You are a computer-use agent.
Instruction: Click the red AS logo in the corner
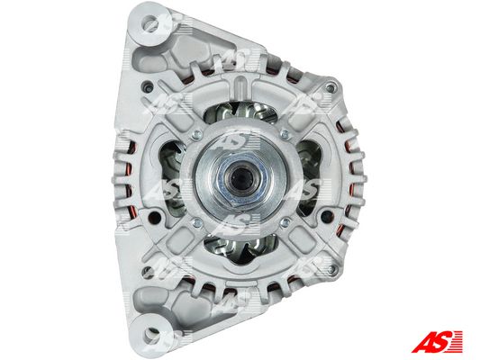[x=437, y=341]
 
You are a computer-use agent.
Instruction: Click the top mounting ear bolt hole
[x=150, y=22]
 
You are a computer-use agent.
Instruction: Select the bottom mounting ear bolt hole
[x=152, y=332]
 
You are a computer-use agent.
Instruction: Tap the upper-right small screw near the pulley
[x=285, y=134]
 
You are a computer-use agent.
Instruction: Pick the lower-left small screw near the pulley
[x=198, y=222]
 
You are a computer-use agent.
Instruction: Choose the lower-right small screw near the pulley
[x=285, y=222]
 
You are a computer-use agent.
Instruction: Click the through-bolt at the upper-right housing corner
[x=330, y=89]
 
